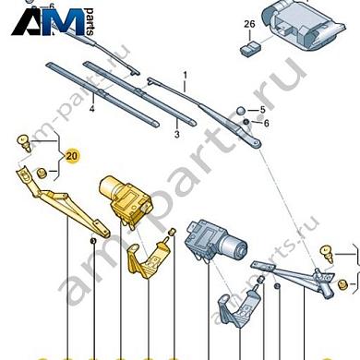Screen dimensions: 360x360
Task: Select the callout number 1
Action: tap(185, 75)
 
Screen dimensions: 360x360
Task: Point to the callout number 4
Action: tap(92, 109)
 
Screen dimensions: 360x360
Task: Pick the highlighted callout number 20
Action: tap(72, 156)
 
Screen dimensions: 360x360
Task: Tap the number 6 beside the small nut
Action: tap(265, 123)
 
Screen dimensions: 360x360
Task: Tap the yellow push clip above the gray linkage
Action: tap(326, 250)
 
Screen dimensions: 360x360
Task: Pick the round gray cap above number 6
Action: tap(242, 110)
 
